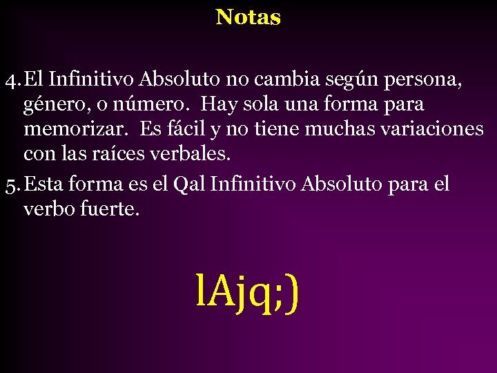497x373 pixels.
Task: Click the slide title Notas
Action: click(248, 17)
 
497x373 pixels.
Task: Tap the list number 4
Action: click(10, 80)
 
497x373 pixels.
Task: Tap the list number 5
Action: click(10, 184)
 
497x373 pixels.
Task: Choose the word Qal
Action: click(189, 184)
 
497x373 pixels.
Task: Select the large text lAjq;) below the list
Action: click(247, 292)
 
